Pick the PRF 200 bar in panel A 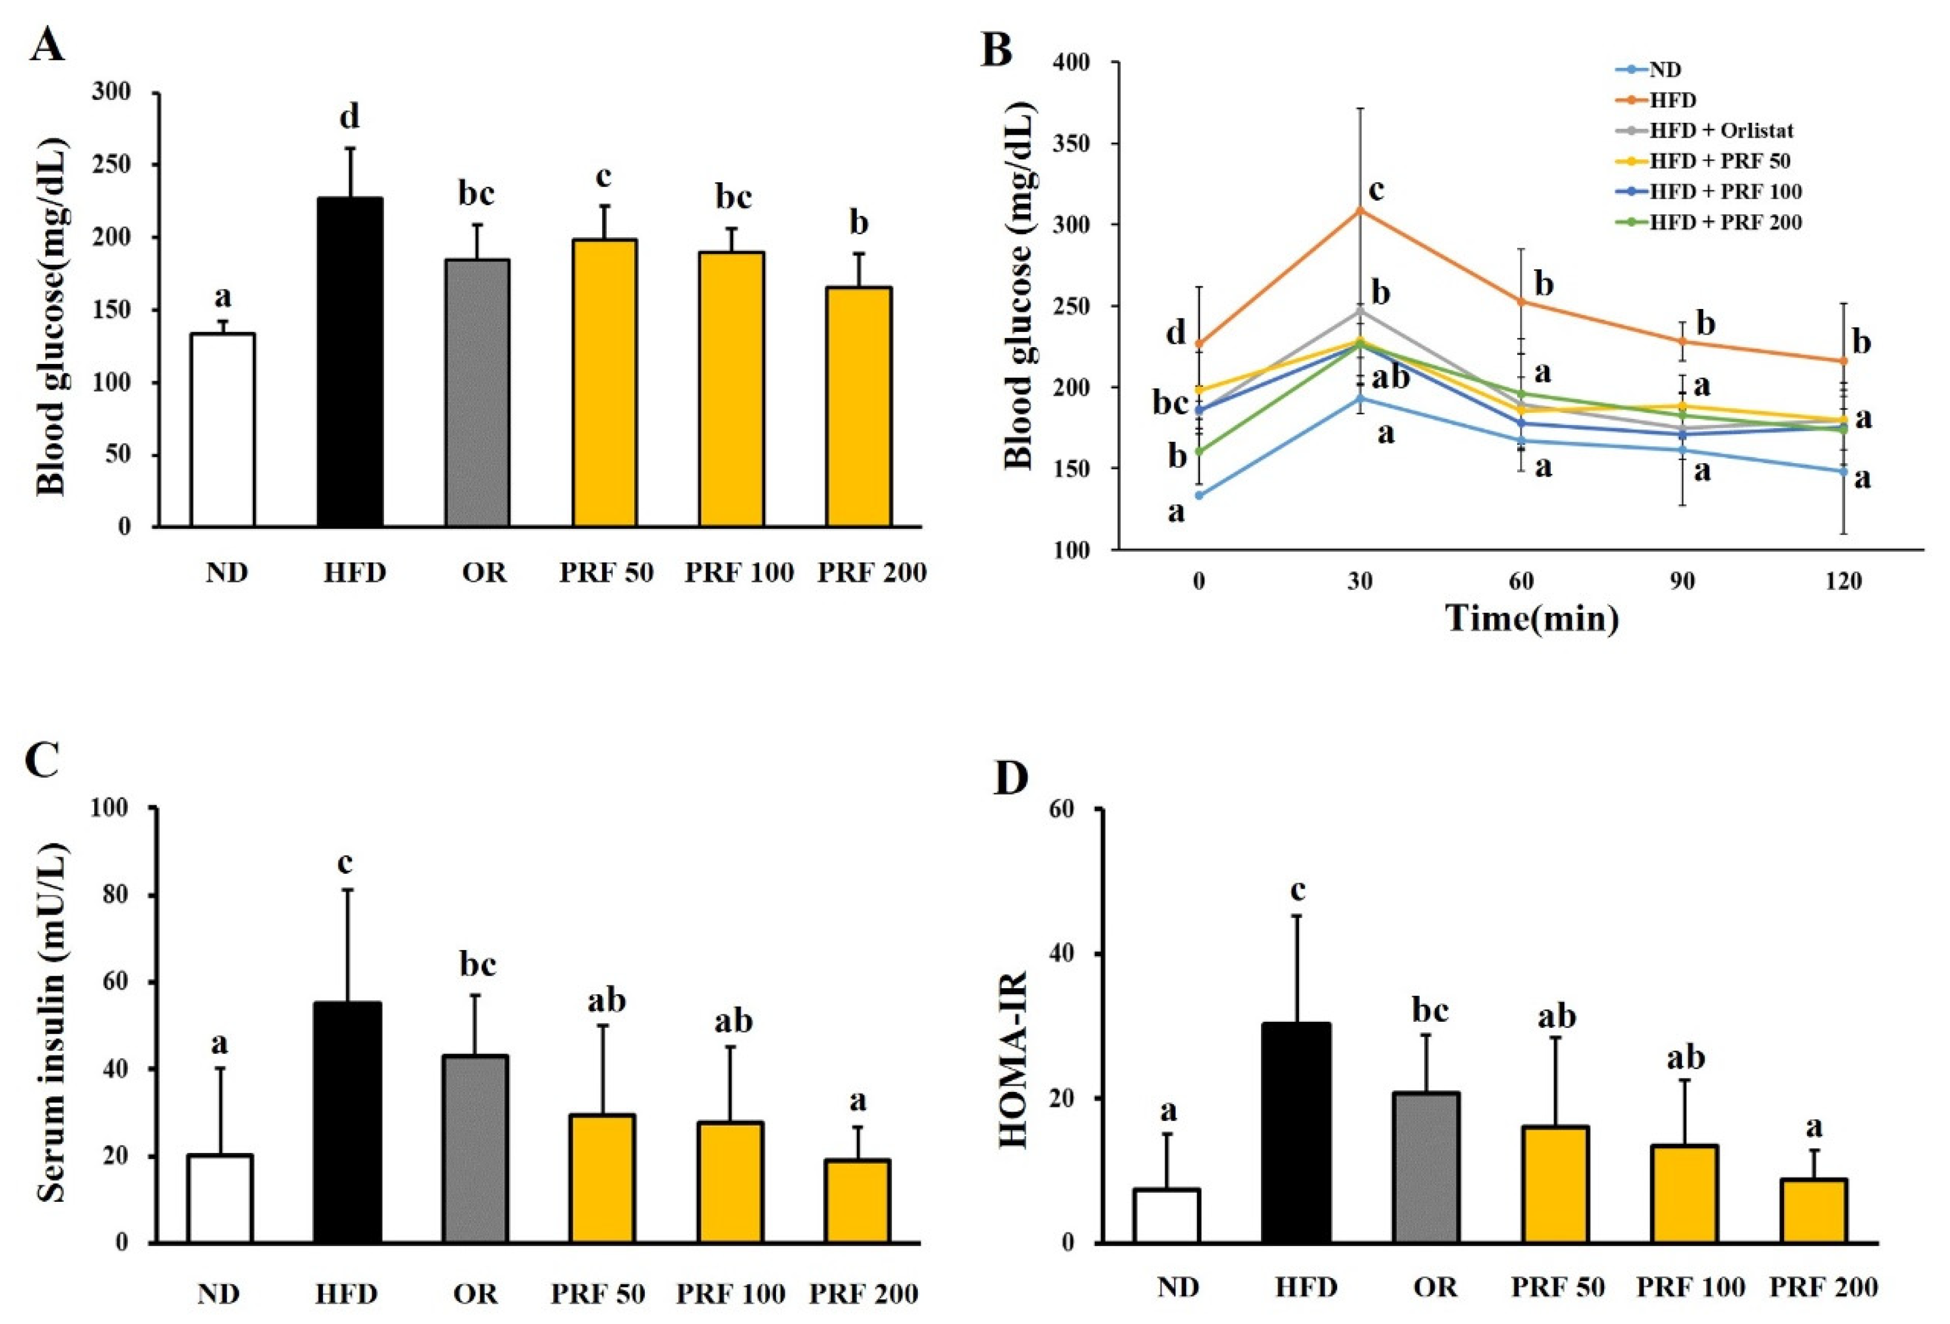859,407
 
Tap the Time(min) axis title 1531,619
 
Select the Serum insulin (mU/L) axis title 52,1023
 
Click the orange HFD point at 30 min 1360,210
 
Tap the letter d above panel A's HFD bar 349,117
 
